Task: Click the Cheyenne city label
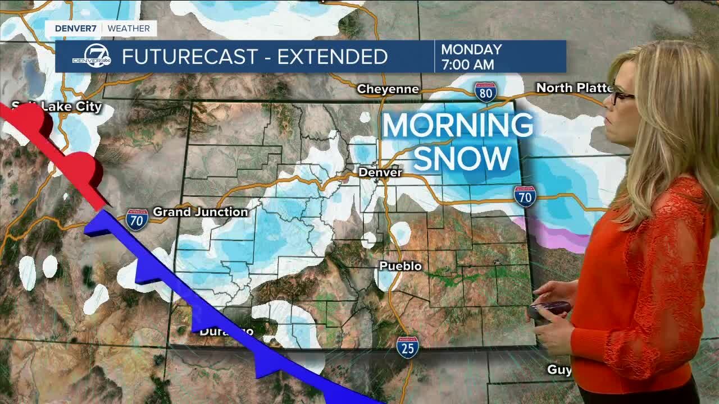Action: [x=388, y=89]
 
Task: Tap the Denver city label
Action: [x=380, y=172]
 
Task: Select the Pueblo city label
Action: [x=401, y=266]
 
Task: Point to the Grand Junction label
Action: [x=200, y=212]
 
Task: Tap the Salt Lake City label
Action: [x=57, y=107]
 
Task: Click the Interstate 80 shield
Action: [x=485, y=91]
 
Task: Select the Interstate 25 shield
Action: [x=407, y=347]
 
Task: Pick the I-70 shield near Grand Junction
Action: [x=136, y=219]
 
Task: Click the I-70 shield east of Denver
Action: [x=525, y=196]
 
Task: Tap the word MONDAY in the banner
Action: [x=471, y=49]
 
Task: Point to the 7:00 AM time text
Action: [x=468, y=65]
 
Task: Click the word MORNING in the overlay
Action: [x=457, y=126]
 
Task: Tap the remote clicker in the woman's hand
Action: [x=550, y=310]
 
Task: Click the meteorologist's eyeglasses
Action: [x=621, y=97]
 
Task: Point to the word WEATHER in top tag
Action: [x=129, y=28]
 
